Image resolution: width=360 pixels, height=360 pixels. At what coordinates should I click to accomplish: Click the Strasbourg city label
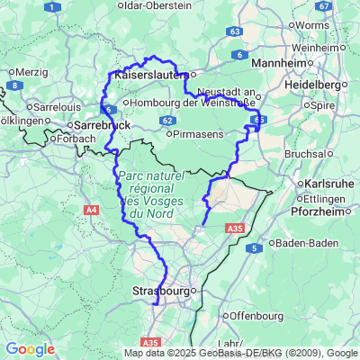pyautogui.click(x=162, y=292)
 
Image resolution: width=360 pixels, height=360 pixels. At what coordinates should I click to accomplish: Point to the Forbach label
pyautogui.click(x=76, y=139)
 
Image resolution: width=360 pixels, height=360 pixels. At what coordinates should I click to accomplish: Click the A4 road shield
pyautogui.click(x=91, y=210)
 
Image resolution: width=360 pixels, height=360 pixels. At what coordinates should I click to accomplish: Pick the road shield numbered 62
pyautogui.click(x=168, y=119)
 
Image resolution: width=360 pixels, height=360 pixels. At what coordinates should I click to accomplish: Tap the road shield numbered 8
pyautogui.click(x=14, y=85)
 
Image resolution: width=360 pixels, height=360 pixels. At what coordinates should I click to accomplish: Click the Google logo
pyautogui.click(x=30, y=349)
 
